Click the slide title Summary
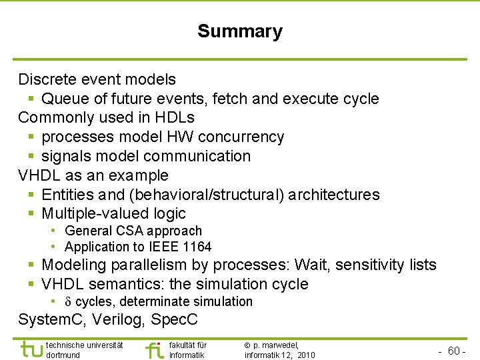coord(239,31)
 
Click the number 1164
coord(197,247)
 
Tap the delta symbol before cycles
coord(69,302)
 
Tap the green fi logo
coord(153,350)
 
